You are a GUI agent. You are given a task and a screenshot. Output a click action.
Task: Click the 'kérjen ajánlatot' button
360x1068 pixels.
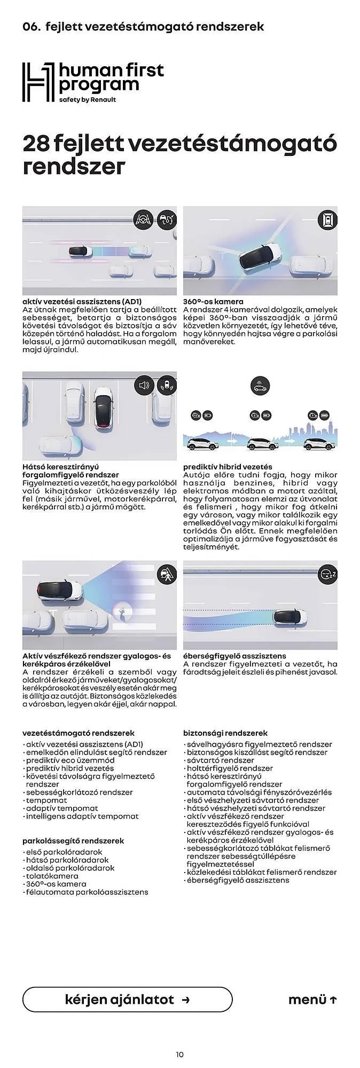click(x=127, y=1000)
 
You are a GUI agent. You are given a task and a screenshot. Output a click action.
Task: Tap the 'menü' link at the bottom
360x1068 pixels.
click(x=312, y=1000)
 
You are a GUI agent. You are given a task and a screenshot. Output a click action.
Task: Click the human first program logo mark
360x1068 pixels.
click(x=38, y=82)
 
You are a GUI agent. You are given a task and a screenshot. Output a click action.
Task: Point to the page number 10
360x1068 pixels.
click(x=179, y=1054)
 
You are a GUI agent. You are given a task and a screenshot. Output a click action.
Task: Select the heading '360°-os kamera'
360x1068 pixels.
click(x=213, y=302)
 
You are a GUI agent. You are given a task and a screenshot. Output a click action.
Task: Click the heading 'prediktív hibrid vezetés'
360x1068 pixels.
click(x=228, y=467)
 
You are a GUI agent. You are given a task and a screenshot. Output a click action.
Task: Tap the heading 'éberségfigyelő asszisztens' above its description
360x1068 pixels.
click(x=234, y=656)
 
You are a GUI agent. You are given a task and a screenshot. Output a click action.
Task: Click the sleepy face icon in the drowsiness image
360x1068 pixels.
click(x=327, y=575)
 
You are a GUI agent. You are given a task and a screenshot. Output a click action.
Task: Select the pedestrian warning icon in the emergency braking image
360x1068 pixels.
click(x=167, y=575)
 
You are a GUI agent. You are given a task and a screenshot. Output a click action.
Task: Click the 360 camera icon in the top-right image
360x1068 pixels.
click(x=327, y=219)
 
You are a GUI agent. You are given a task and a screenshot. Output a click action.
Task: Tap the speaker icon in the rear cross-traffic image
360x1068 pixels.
click(x=143, y=385)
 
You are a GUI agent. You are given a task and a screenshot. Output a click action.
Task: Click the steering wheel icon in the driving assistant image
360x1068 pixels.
click(x=143, y=219)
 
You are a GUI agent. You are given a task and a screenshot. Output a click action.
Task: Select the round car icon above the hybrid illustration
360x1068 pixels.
click(x=260, y=386)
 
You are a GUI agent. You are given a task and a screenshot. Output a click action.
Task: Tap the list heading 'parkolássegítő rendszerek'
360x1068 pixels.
click(x=73, y=841)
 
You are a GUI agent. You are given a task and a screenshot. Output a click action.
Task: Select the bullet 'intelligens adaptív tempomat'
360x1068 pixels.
click(x=82, y=816)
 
